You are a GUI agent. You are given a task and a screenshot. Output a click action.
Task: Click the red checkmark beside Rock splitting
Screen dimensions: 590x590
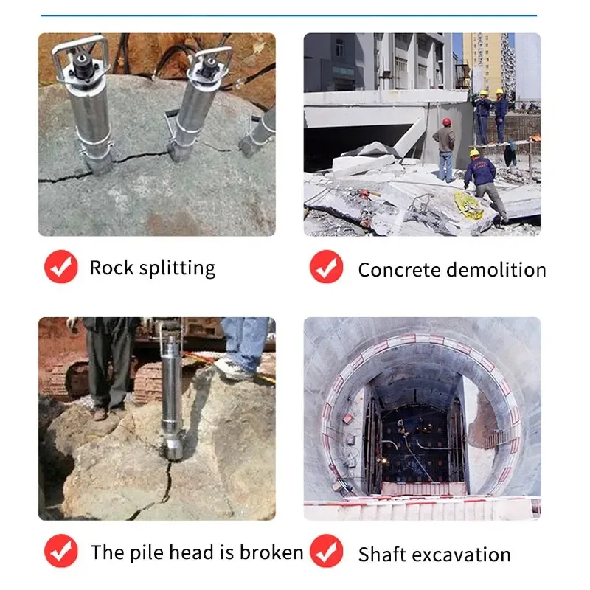pyautogui.click(x=60, y=267)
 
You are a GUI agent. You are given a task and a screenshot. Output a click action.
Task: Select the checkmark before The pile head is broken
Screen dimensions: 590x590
pyautogui.click(x=60, y=551)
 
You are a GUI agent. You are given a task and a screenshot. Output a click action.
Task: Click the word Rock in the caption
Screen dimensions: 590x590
pyautogui.click(x=110, y=267)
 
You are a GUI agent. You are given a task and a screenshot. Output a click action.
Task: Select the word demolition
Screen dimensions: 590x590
pyautogui.click(x=500, y=270)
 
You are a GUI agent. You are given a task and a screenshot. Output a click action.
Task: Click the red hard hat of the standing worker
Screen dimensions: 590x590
pyautogui.click(x=445, y=122)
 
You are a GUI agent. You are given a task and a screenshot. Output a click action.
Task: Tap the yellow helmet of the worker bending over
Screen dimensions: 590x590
pyautogui.click(x=474, y=153)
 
